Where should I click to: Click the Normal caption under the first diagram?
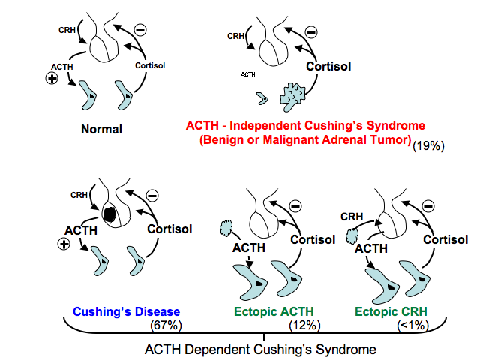click(x=101, y=129)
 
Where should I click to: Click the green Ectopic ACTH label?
click(x=275, y=311)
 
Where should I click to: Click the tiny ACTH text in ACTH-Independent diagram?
click(x=247, y=75)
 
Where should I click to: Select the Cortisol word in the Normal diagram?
click(x=150, y=64)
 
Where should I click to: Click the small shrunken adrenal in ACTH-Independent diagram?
click(x=262, y=97)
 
